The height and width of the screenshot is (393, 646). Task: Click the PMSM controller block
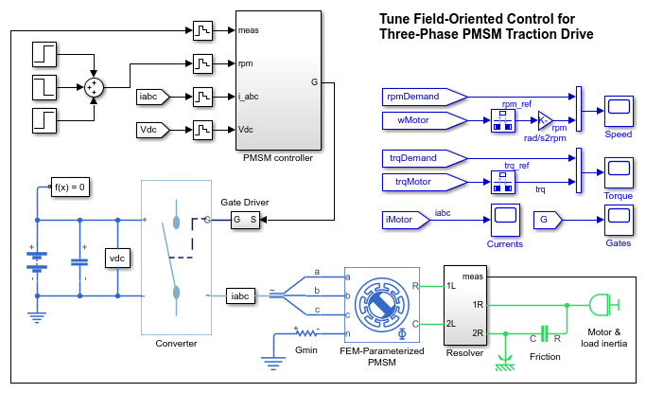(279, 80)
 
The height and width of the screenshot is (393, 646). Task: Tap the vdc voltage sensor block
(116, 259)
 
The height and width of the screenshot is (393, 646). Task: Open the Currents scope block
(504, 220)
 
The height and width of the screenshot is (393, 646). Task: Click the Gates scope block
(619, 220)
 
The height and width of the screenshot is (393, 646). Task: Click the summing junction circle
(94, 87)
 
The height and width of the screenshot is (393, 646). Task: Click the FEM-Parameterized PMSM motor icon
(383, 305)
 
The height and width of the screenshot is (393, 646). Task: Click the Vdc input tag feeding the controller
(153, 129)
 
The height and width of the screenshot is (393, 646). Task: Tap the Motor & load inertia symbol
(602, 304)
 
